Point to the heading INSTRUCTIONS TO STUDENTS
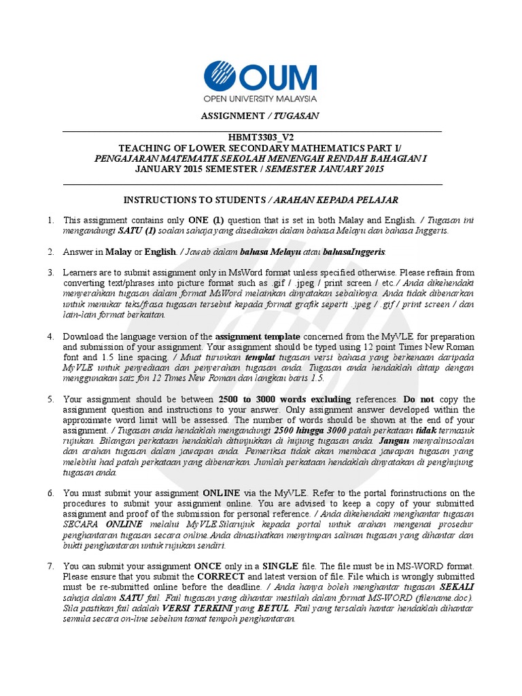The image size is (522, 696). (x=194, y=200)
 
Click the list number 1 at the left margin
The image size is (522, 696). (x=50, y=220)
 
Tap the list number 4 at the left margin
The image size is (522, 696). (x=50, y=337)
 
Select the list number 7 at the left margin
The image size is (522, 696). (x=50, y=565)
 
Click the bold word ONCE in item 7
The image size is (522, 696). (x=209, y=565)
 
